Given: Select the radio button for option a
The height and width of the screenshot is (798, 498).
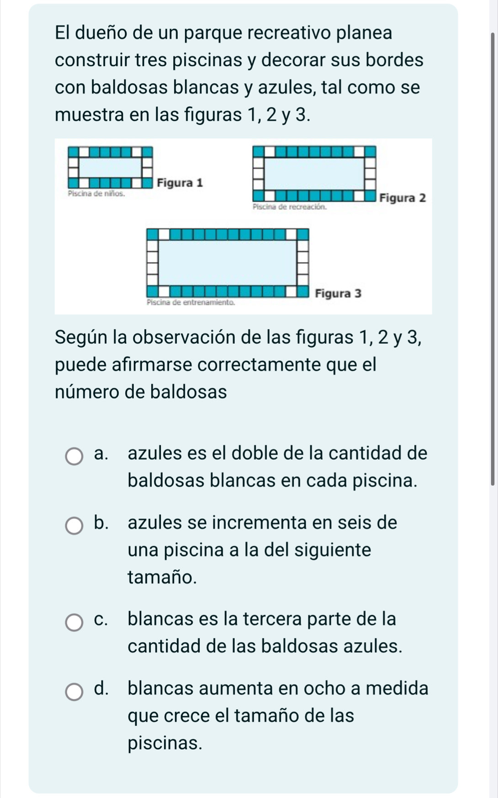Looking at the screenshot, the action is click(x=74, y=456).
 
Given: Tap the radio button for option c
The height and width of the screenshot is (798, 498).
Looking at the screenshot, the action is click(x=74, y=622).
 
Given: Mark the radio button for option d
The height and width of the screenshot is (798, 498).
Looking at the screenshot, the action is click(x=74, y=692).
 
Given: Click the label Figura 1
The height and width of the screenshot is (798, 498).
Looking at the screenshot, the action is click(x=180, y=183).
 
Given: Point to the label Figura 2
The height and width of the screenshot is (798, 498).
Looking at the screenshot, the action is click(x=403, y=198).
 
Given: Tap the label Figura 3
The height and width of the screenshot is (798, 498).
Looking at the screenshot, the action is click(x=339, y=293).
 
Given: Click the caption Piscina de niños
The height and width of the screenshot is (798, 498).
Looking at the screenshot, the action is click(x=95, y=193).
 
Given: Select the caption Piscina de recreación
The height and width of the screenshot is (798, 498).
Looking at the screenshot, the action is click(x=290, y=207).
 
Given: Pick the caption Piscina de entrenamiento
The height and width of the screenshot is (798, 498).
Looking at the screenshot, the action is click(x=191, y=302).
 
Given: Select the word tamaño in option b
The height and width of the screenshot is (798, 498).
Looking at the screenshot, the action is click(x=162, y=577).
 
